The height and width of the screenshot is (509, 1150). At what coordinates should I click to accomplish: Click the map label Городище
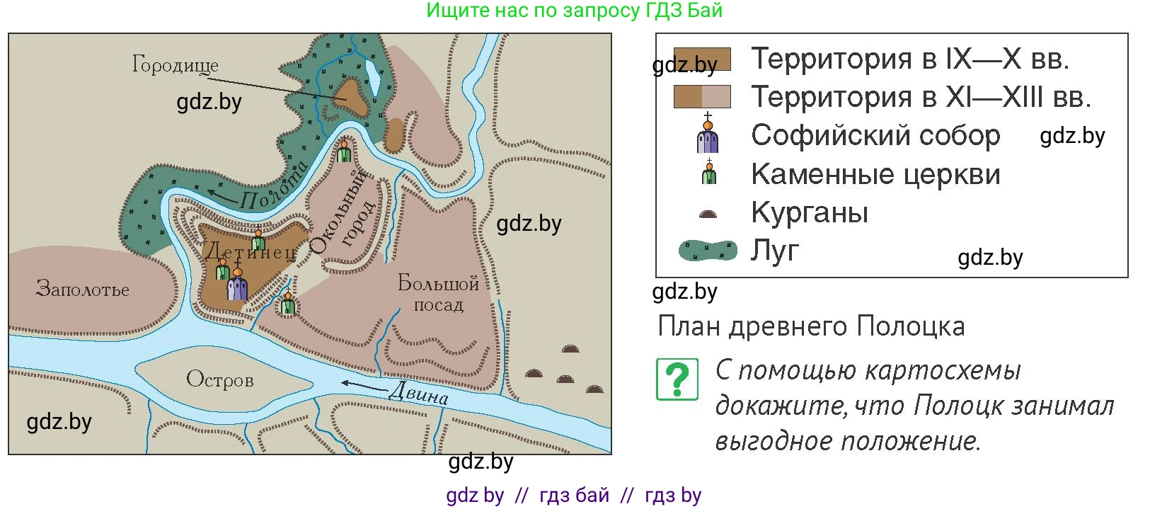[176, 65]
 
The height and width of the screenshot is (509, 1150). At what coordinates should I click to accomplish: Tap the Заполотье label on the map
[83, 289]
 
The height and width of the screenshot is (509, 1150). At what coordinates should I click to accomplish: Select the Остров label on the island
[220, 380]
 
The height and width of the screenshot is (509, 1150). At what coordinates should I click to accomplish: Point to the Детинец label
[251, 253]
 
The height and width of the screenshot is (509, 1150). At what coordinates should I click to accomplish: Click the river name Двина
[418, 394]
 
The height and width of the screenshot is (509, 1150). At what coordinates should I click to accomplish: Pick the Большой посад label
[439, 293]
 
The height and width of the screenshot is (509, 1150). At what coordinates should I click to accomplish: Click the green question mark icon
[677, 379]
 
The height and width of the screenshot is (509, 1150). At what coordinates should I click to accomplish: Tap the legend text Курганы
[810, 212]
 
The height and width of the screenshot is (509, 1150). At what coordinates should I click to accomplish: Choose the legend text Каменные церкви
[876, 174]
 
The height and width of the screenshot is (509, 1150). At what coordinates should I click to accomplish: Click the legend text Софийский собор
[875, 135]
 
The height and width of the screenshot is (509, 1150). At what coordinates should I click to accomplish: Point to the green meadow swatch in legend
[708, 251]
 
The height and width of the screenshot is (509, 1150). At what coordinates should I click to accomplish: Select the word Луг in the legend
[775, 251]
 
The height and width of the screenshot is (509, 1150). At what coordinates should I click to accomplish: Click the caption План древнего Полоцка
[811, 326]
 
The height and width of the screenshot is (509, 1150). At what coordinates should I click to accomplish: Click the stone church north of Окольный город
[345, 150]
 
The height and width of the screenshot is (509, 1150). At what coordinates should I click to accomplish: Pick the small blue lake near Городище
[372, 79]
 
